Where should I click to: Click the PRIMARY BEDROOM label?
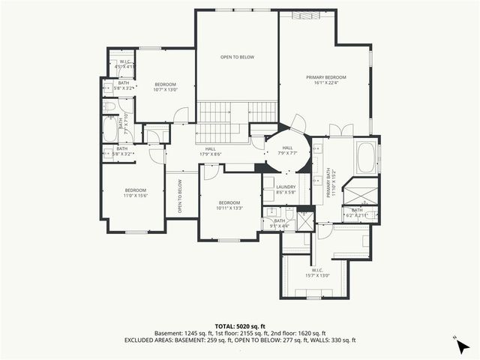[x=325, y=81]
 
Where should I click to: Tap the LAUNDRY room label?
[x=286, y=190]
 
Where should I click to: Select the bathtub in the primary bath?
[x=367, y=158]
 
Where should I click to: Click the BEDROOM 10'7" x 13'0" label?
[x=164, y=86]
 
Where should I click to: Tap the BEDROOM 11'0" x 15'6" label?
[x=136, y=193]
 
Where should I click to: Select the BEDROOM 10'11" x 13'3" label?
[x=229, y=205]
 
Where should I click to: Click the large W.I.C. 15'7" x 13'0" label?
[x=316, y=273]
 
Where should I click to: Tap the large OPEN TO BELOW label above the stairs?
[x=235, y=57]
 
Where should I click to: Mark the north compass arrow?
[x=457, y=340]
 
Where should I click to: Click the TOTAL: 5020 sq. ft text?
[x=239, y=326]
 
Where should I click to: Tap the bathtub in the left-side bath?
[x=109, y=133]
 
